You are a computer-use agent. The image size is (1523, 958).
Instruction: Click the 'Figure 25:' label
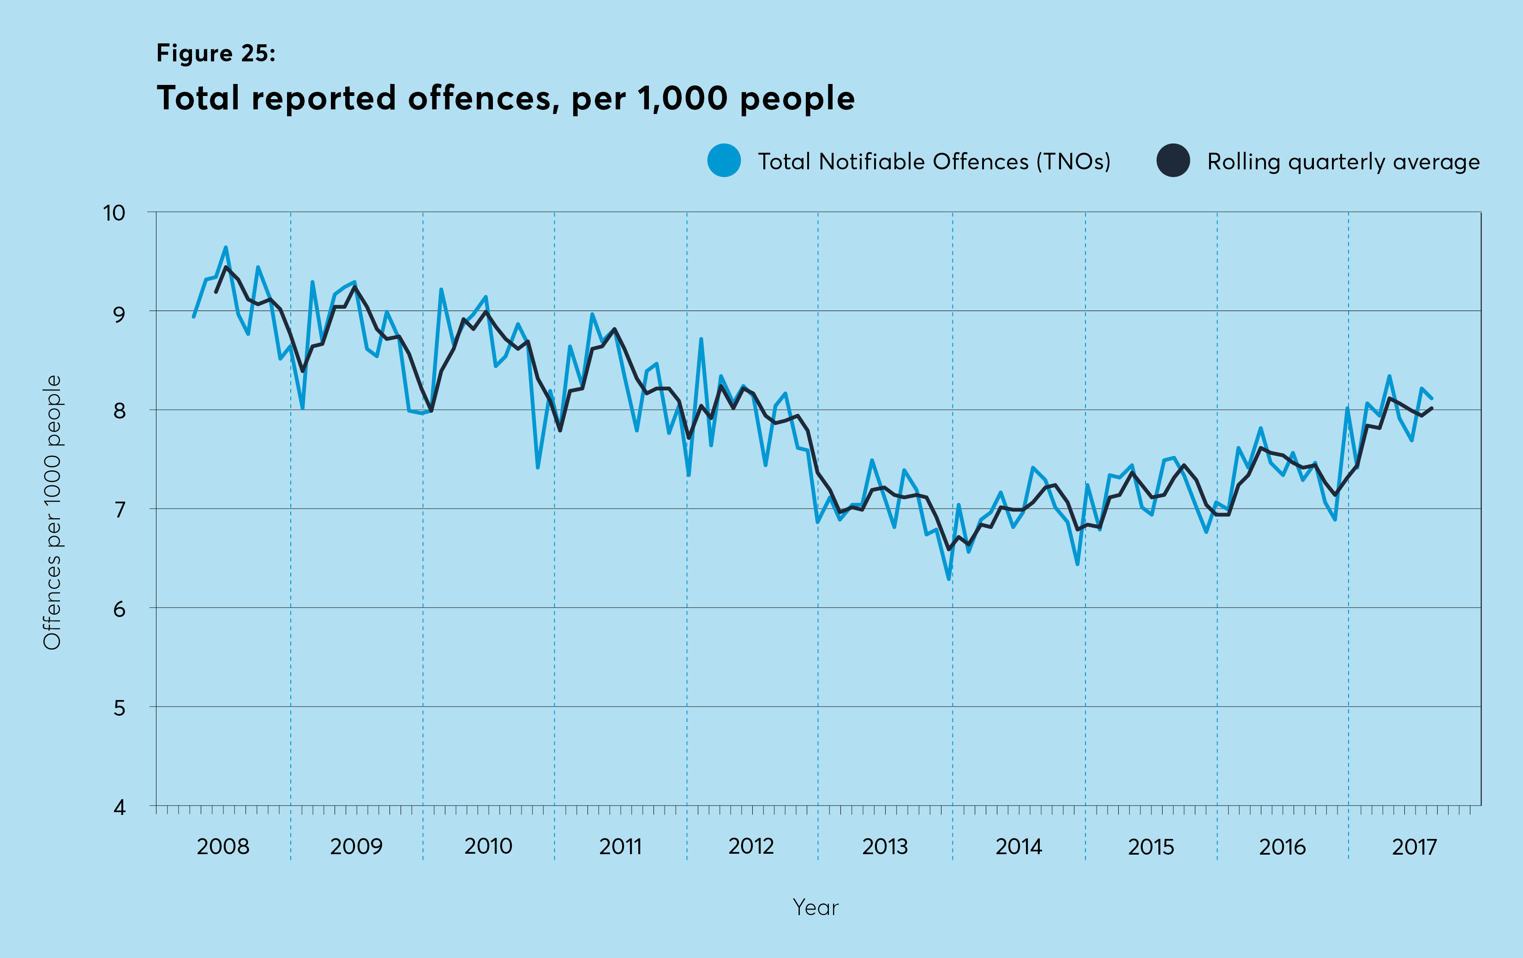pyautogui.click(x=216, y=53)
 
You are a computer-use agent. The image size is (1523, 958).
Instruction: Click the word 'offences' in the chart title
pyautogui.click(x=483, y=99)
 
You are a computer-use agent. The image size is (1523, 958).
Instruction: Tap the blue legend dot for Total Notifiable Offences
pyautogui.click(x=724, y=161)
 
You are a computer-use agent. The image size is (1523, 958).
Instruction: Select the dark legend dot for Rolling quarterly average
pyautogui.click(x=1173, y=161)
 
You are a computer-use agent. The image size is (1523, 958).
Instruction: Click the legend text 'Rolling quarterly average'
pyautogui.click(x=1343, y=162)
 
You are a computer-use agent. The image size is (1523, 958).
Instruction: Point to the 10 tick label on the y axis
pyautogui.click(x=114, y=213)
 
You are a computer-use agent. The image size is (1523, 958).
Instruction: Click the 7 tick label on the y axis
pyautogui.click(x=120, y=509)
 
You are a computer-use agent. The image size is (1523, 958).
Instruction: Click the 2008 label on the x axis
pyautogui.click(x=222, y=846)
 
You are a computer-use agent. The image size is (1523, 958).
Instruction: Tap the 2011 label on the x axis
pyautogui.click(x=620, y=846)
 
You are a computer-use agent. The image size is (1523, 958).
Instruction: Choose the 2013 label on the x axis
pyautogui.click(x=884, y=846)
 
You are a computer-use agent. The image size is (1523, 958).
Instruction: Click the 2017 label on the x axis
pyautogui.click(x=1414, y=846)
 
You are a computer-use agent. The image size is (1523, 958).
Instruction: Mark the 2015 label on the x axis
pyautogui.click(x=1151, y=846)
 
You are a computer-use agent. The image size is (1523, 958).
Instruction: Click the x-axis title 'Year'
pyautogui.click(x=815, y=907)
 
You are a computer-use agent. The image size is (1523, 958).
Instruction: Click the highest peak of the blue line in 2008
pyautogui.click(x=226, y=247)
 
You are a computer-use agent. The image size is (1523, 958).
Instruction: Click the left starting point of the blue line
pyautogui.click(x=193, y=316)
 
